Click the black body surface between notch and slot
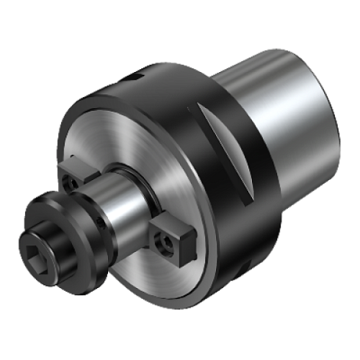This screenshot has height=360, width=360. pos(176,96)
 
